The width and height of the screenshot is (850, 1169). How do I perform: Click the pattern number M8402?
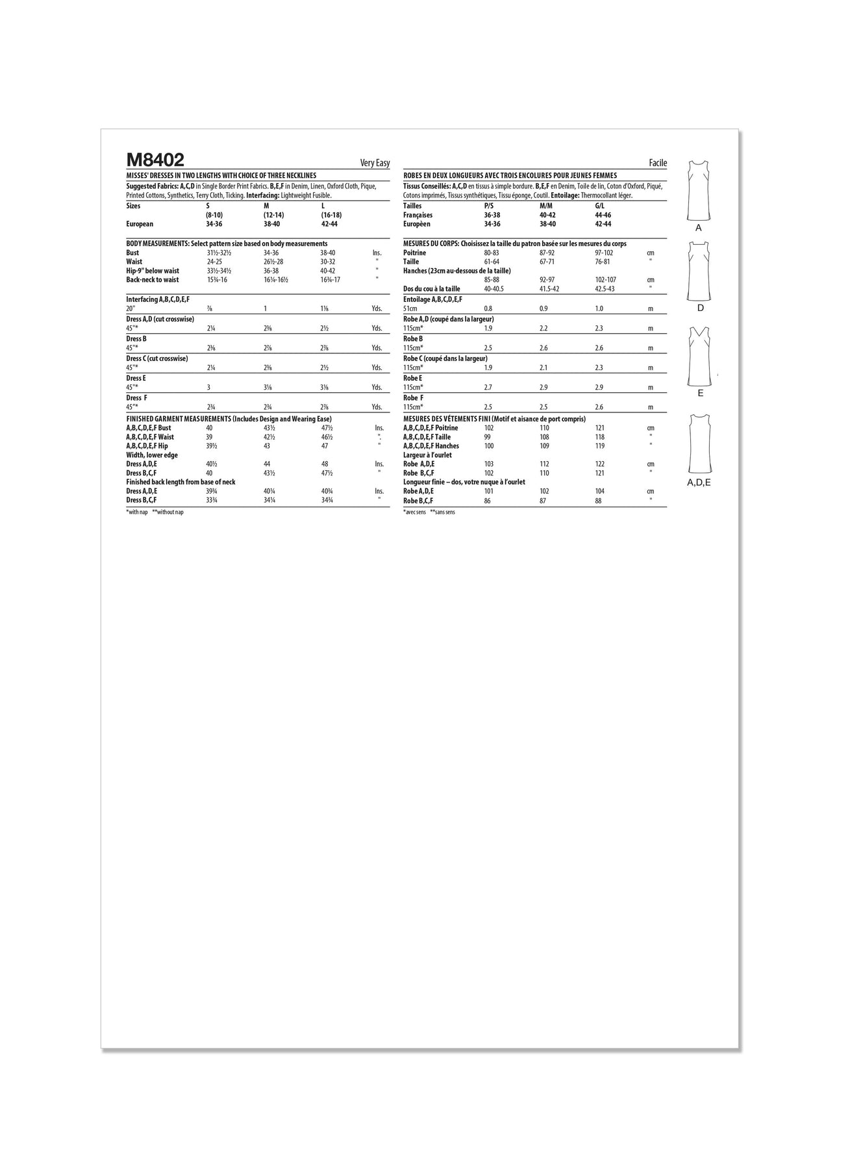tap(155, 160)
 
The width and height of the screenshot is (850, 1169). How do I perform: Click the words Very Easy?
tap(375, 164)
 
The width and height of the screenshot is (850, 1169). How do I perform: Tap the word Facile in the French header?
tap(658, 164)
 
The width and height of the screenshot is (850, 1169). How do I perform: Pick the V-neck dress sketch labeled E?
tap(700, 357)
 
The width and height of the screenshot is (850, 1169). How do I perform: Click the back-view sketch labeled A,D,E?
tap(699, 444)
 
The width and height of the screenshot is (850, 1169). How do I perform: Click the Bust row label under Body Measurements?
tap(132, 253)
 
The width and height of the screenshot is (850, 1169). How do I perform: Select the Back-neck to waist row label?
tap(153, 280)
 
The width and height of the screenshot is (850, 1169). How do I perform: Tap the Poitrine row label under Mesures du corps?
tap(414, 253)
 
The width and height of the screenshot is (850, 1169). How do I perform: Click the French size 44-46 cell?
tap(603, 215)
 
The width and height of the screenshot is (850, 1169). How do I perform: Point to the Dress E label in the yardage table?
tap(136, 378)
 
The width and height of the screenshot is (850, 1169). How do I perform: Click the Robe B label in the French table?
tap(413, 339)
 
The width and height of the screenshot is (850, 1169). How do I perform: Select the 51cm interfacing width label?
tap(410, 309)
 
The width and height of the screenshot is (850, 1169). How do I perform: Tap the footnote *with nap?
tap(137, 512)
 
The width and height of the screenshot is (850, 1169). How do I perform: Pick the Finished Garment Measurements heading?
tap(229, 419)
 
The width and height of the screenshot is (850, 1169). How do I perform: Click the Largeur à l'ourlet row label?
tap(427, 455)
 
